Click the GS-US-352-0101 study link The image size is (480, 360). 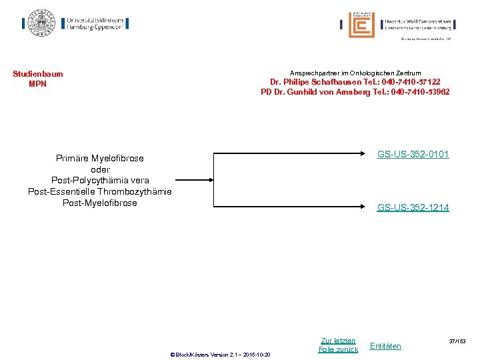413,155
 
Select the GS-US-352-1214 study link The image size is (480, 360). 413,207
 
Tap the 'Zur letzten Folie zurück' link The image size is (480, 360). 338,345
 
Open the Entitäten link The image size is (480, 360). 385,346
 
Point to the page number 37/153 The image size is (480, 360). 457,341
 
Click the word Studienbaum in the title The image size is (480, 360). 37,74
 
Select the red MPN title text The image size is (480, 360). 37,84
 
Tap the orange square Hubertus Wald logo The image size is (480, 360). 361,25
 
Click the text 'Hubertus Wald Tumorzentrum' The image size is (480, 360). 418,21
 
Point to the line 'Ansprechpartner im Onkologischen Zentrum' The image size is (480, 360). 355,73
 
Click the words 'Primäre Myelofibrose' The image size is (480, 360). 99,159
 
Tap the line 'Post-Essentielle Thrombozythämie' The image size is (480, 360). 99,191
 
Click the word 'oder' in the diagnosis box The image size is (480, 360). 99,169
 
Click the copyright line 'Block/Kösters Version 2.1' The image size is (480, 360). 220,354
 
